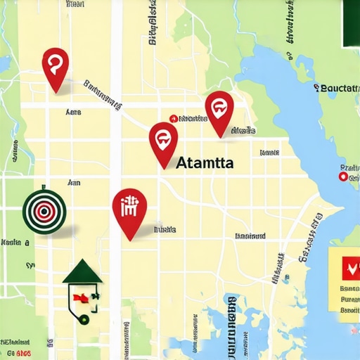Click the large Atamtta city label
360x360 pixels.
pos(205,162)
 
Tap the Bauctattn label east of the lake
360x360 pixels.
pos(338,88)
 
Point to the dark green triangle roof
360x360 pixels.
pos(83,271)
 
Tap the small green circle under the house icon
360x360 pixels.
pos(85,318)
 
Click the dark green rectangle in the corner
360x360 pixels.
pos(349,24)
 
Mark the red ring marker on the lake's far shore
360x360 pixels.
pos(343,177)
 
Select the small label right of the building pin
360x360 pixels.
pos(165,229)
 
